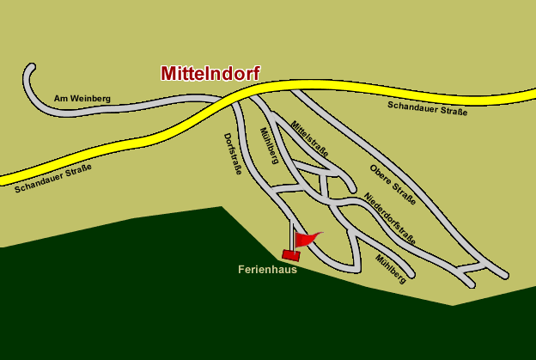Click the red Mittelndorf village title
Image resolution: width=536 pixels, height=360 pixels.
click(210, 74)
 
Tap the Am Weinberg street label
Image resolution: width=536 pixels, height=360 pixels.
click(82, 99)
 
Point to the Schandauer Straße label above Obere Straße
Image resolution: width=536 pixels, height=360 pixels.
click(427, 107)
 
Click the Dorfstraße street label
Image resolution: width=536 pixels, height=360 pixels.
click(233, 154)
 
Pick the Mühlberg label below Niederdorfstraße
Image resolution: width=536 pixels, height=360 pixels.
click(390, 269)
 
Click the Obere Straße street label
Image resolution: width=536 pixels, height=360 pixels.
click(393, 184)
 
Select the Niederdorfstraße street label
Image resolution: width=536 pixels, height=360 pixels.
click(389, 218)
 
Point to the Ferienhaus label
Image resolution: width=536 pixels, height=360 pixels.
click(267, 269)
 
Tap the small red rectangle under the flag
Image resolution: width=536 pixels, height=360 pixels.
click(290, 254)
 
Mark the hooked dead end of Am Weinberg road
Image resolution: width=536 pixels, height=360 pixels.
click(30, 69)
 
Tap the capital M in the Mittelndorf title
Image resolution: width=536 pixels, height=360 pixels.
click(170, 74)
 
